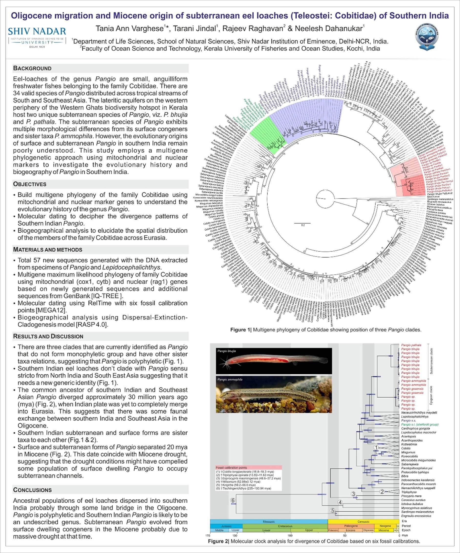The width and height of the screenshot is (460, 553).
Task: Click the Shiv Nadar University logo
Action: pos(37,37)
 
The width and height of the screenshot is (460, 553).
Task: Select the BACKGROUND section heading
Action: pos(32,69)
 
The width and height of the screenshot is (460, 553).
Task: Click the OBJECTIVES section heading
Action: pos(30,184)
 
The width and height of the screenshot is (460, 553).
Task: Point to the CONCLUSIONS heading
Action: pos(32,490)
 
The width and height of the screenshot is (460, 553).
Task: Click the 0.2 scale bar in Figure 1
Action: pos(302,224)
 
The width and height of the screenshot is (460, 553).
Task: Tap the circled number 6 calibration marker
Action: pos(232,500)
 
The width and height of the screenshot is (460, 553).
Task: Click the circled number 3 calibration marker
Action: pos(353,494)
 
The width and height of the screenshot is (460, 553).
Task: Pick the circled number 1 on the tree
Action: pos(376,447)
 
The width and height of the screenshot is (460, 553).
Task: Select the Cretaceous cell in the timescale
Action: pos(285,526)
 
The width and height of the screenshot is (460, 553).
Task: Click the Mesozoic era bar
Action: pos(269,521)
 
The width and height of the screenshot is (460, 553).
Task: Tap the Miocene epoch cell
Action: pos(384,530)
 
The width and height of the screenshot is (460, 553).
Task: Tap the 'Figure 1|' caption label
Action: pos(241,330)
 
